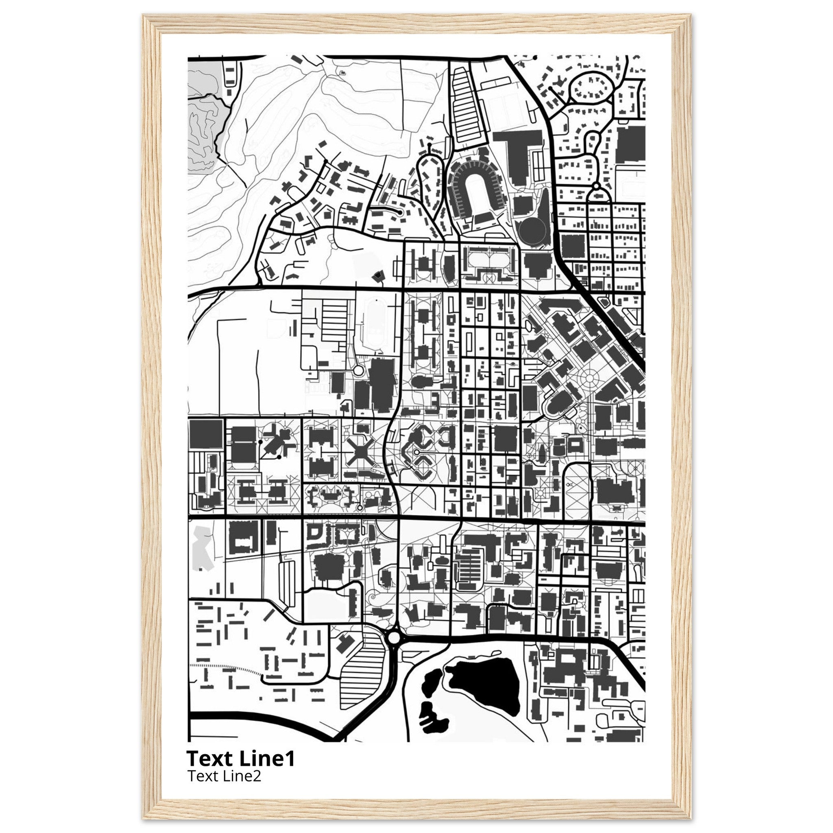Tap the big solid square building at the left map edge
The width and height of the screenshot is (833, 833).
click(x=206, y=434)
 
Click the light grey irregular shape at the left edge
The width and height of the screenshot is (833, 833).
click(x=202, y=548)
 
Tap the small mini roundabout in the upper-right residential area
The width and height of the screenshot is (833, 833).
click(x=596, y=186)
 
